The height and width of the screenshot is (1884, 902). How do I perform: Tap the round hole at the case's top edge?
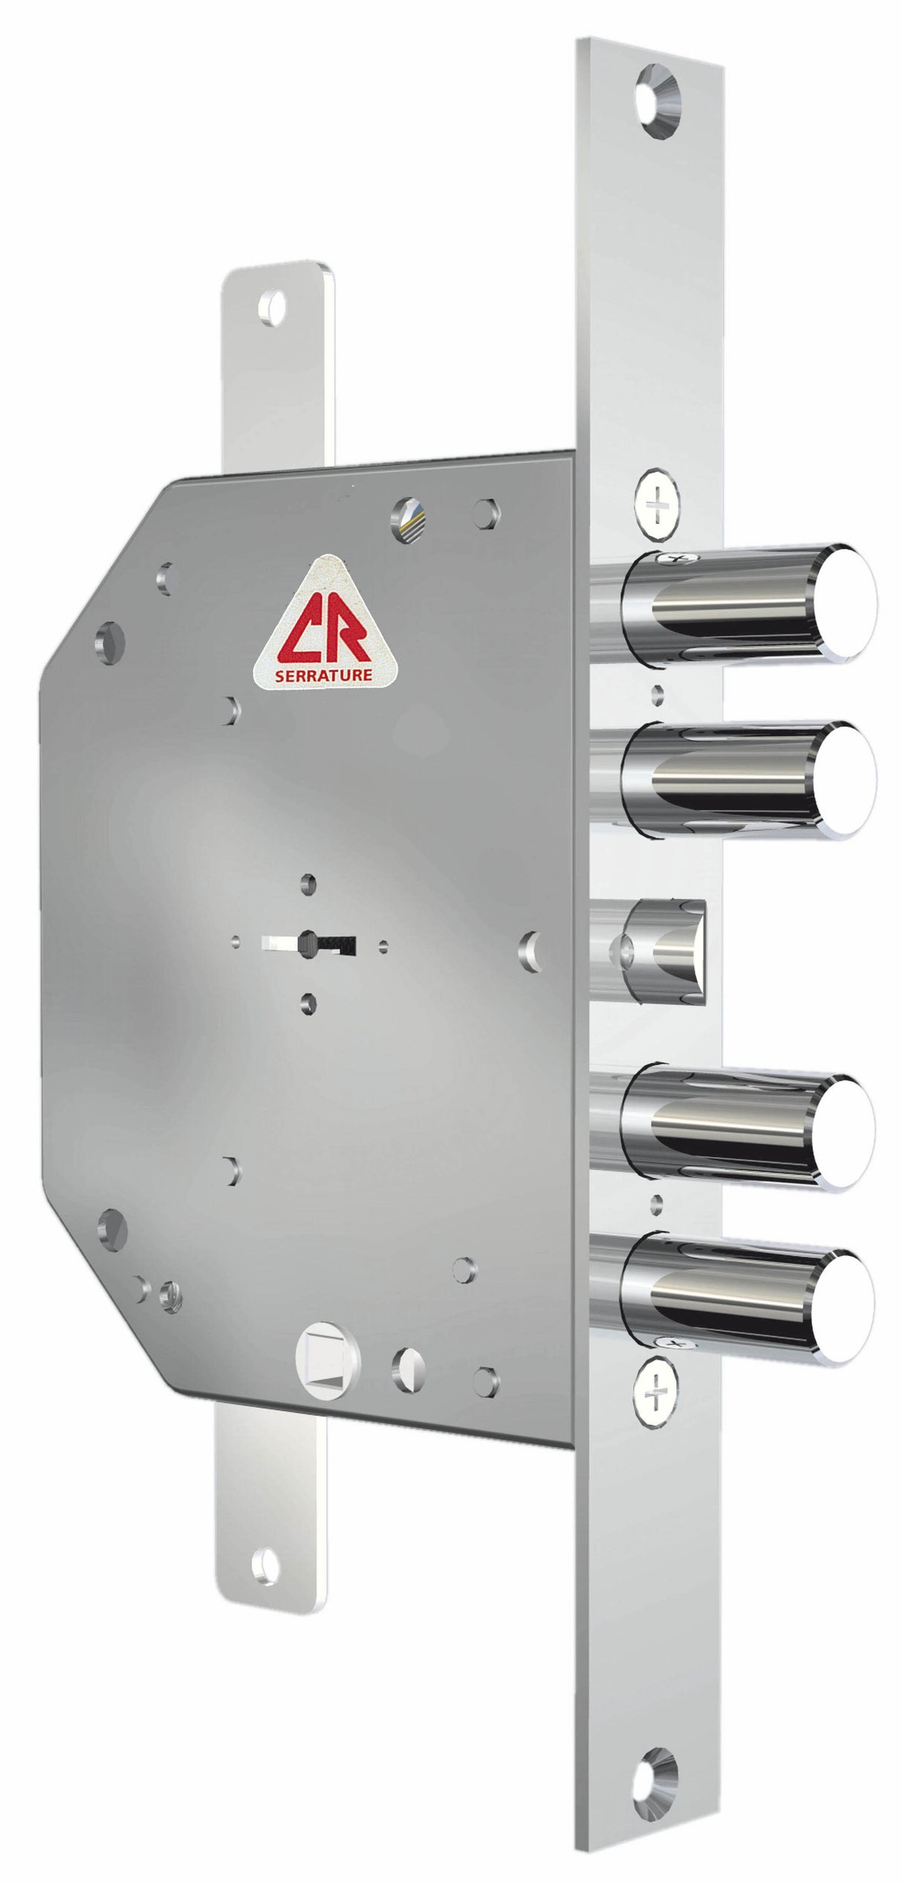[409, 511]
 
